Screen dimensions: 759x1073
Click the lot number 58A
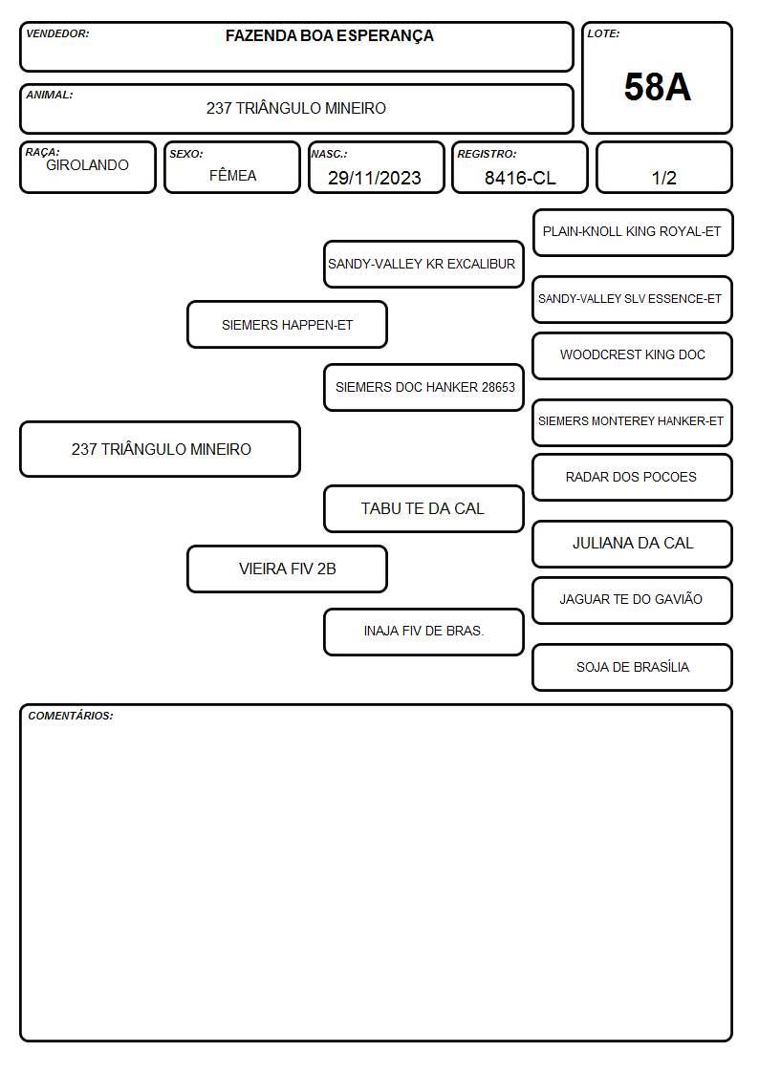pos(657,87)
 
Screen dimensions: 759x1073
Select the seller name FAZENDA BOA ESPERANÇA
pos(329,36)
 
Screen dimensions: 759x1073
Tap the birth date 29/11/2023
pos(375,178)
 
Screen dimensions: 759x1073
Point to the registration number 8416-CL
pos(520,178)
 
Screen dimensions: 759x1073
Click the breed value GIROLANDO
pos(87,165)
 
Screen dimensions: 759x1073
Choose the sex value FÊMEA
pos(232,175)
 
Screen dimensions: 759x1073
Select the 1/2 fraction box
pos(663,167)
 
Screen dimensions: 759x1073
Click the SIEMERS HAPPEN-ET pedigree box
pos(287,324)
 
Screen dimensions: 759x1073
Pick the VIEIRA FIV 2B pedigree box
pos(287,569)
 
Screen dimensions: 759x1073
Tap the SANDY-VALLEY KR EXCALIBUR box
pos(423,264)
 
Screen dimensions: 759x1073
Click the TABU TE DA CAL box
pos(423,508)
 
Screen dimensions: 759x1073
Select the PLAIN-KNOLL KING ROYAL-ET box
pos(633,233)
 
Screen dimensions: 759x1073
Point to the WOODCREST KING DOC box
pos(633,355)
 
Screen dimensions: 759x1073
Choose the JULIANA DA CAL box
pos(633,544)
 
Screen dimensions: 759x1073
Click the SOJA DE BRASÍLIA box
pos(633,667)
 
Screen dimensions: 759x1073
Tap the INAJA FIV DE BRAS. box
pos(423,632)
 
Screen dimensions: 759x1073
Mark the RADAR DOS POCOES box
pos(633,477)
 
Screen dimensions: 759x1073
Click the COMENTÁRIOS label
pos(71,716)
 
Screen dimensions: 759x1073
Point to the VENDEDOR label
pos(57,33)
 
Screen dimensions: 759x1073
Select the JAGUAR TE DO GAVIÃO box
pos(633,600)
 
